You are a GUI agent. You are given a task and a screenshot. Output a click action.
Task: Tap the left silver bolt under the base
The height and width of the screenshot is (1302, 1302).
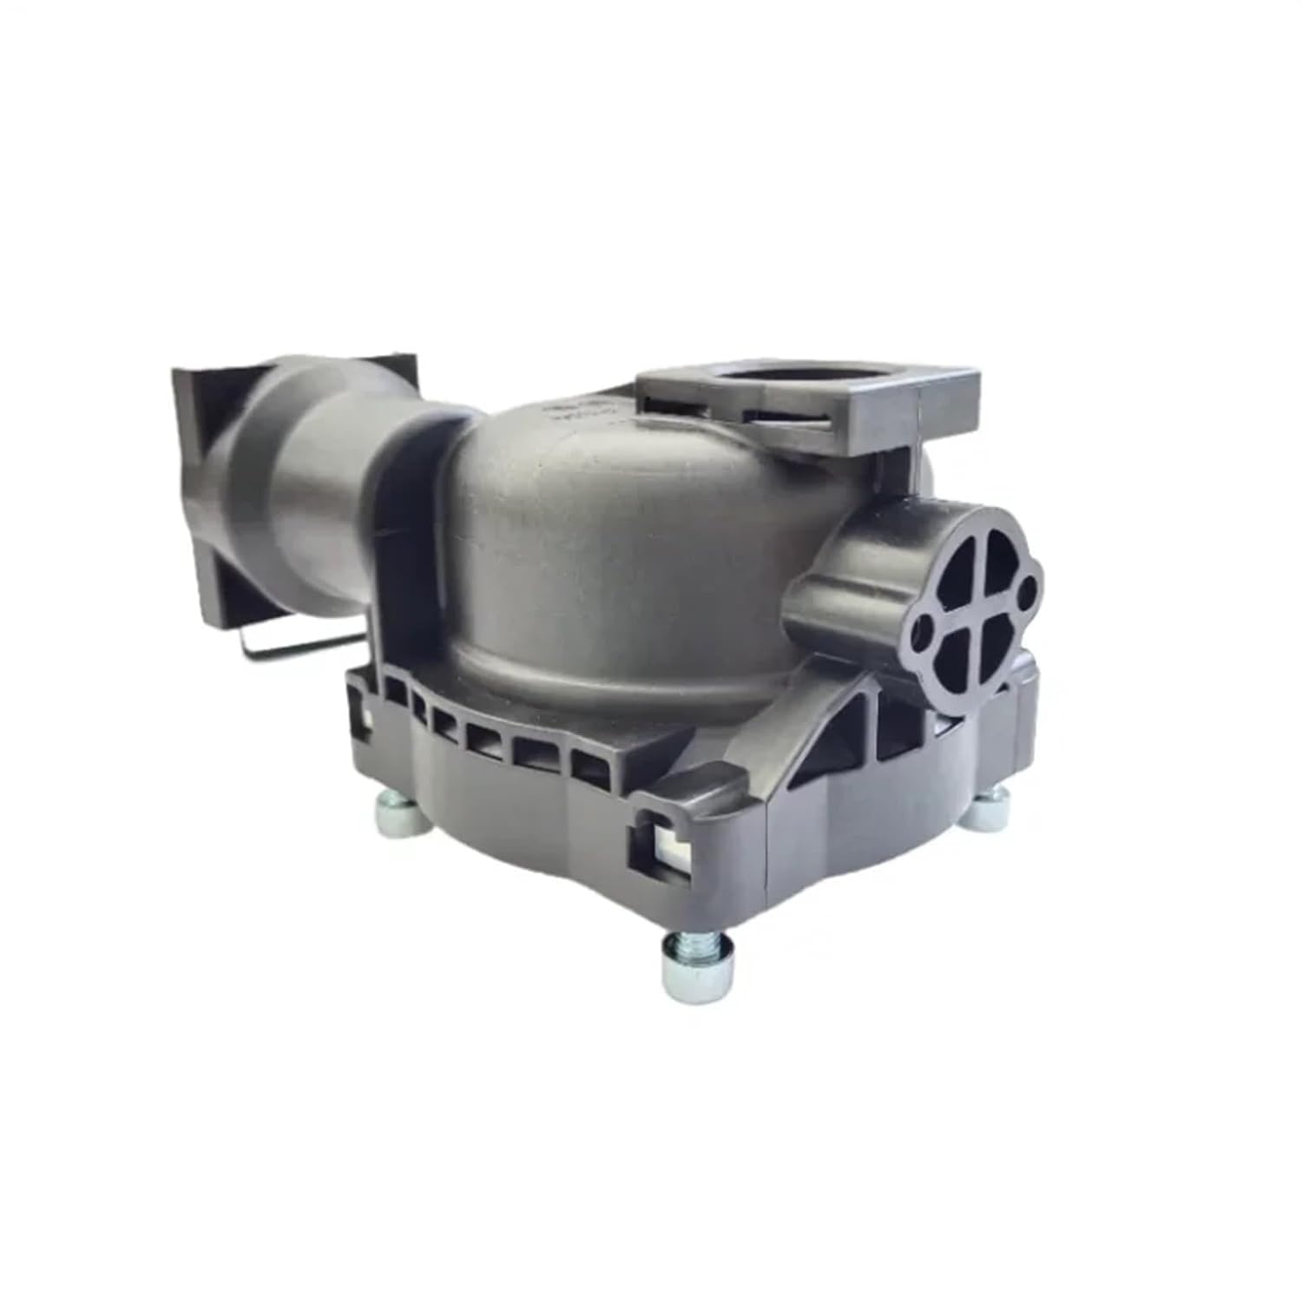click(401, 816)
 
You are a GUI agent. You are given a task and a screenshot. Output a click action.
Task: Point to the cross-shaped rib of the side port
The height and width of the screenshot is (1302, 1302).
click(970, 603)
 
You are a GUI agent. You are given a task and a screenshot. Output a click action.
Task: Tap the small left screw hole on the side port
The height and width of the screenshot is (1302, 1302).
click(925, 624)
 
